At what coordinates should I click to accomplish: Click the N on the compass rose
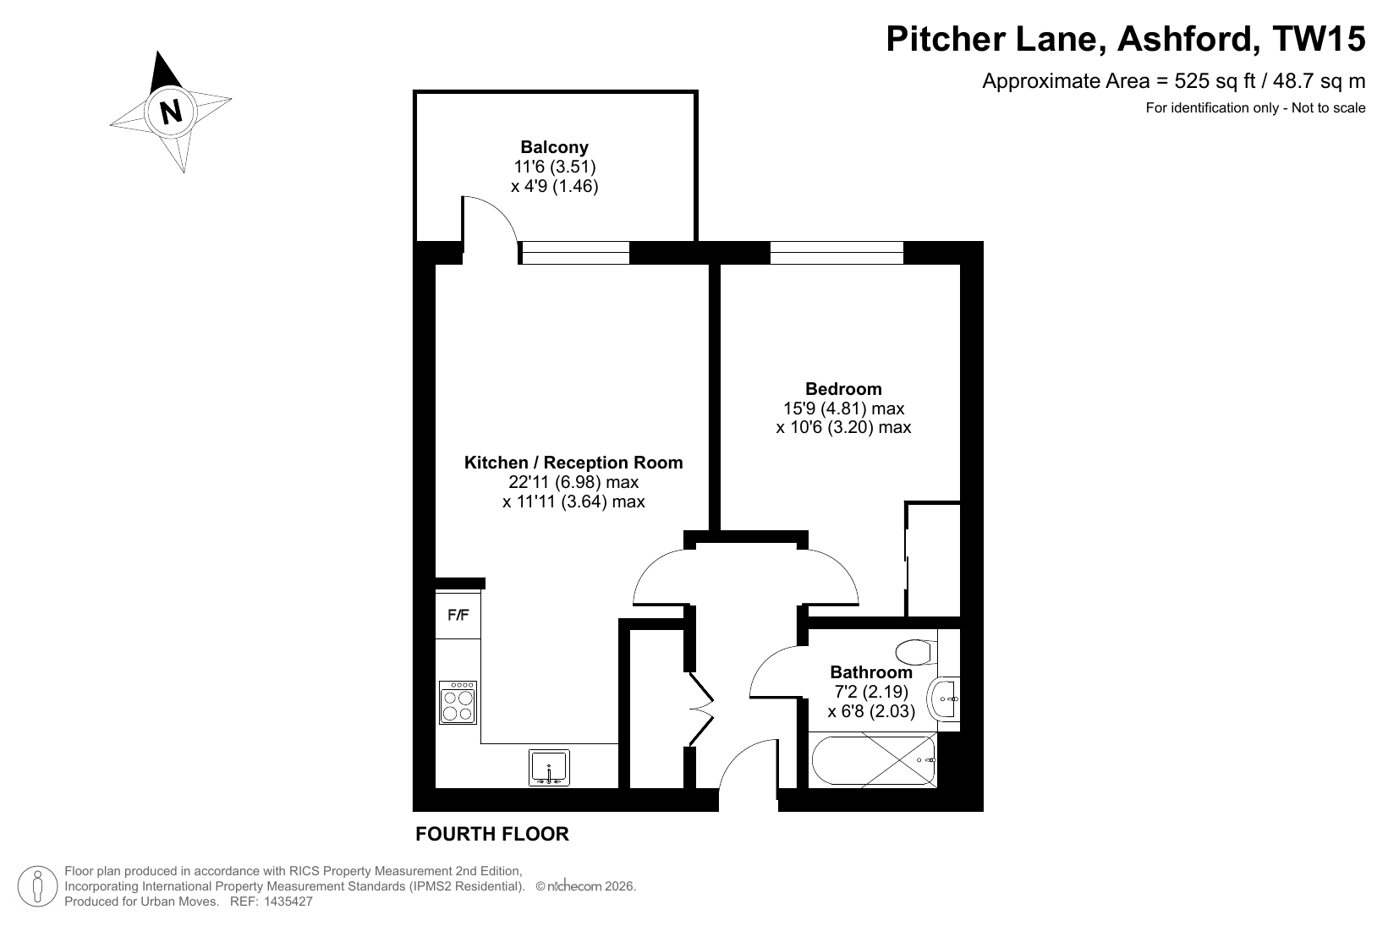(x=171, y=112)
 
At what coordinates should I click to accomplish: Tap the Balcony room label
(x=554, y=147)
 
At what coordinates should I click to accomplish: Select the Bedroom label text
(x=843, y=388)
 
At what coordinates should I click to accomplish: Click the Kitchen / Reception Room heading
(x=573, y=462)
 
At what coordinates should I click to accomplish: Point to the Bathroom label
(x=871, y=672)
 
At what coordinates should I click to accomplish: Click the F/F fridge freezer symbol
(x=458, y=615)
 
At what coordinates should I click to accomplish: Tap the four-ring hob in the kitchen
(x=458, y=703)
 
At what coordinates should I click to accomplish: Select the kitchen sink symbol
(x=549, y=767)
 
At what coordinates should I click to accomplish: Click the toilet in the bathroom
(x=916, y=652)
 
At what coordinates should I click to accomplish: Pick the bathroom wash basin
(x=943, y=699)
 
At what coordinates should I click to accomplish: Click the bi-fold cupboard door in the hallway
(x=701, y=709)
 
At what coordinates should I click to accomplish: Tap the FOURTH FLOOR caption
(x=492, y=834)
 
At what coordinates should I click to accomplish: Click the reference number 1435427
(x=288, y=901)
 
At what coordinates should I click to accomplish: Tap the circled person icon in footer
(x=38, y=886)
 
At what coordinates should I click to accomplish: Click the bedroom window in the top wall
(x=837, y=253)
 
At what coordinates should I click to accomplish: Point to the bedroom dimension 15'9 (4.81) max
(x=844, y=408)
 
